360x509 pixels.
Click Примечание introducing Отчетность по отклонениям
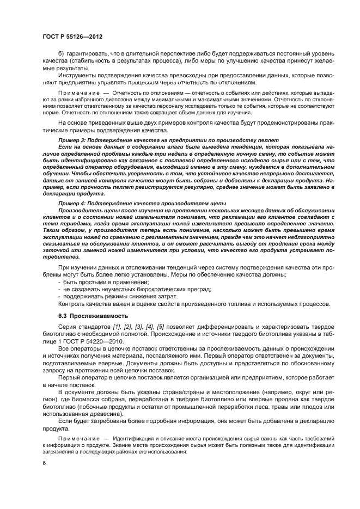tap(77, 94)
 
